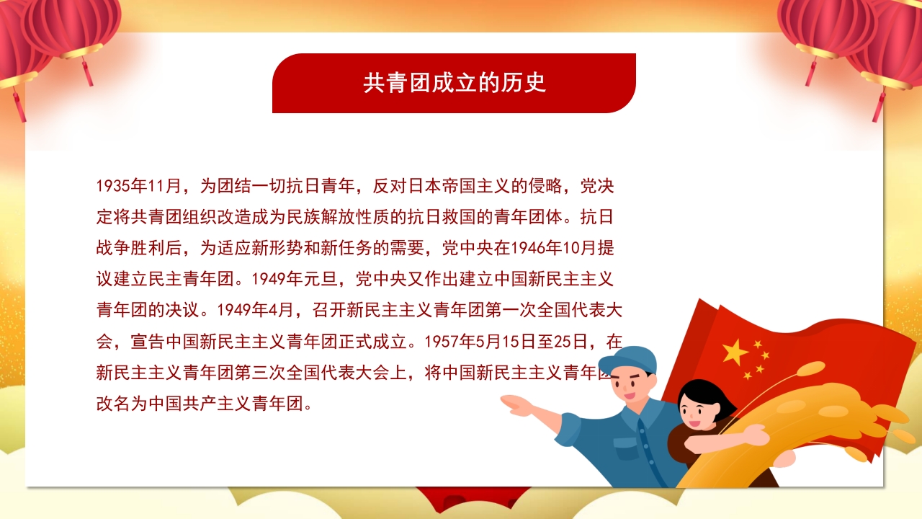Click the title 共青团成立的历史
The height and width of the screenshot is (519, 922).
pos(455,83)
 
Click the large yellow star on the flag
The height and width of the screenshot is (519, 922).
pos(735,352)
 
